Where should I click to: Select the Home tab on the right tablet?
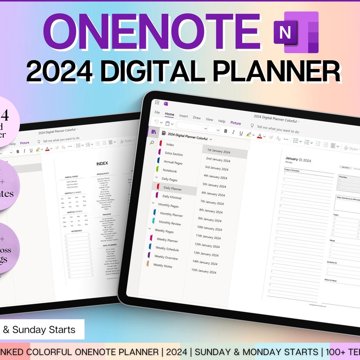(169, 114)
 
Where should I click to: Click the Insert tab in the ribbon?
(184, 116)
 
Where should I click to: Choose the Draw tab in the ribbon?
(197, 117)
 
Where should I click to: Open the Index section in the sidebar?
(170, 144)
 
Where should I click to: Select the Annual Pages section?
(173, 162)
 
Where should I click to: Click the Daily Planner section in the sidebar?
(173, 188)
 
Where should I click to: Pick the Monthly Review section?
(170, 223)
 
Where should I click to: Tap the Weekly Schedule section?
(167, 248)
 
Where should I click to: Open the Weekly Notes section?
(163, 265)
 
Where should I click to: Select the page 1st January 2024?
(218, 152)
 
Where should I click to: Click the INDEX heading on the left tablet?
(102, 163)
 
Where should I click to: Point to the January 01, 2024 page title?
(298, 159)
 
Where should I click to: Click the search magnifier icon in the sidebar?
(152, 143)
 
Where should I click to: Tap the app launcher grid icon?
(157, 102)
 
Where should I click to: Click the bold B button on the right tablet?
(225, 131)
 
